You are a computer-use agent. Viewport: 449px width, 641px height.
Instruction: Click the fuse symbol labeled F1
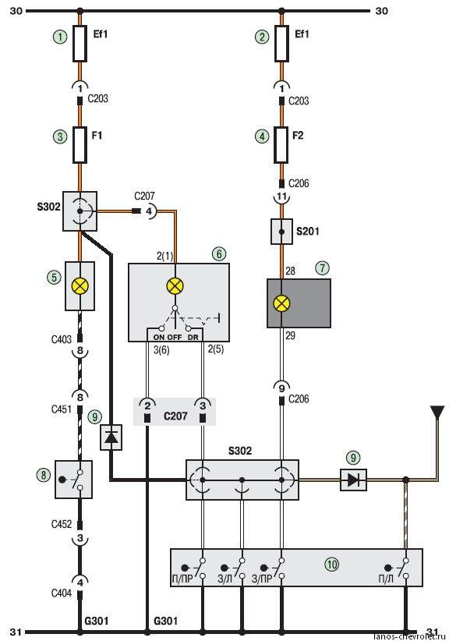point(80,145)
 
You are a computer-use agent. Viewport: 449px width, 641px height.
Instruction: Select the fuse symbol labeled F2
point(281,145)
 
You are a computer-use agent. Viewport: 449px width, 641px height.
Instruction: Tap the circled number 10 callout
point(332,565)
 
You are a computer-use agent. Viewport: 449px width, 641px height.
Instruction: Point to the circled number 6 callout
point(219,254)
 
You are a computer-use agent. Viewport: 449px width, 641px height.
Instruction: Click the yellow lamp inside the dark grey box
point(281,303)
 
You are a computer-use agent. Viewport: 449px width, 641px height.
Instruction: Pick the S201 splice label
point(308,232)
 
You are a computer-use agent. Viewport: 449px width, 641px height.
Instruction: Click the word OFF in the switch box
point(175,337)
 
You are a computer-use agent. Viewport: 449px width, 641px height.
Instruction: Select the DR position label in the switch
point(193,337)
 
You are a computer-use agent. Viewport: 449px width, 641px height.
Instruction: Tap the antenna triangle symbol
point(437,412)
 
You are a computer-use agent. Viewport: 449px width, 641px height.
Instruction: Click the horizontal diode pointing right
point(353,480)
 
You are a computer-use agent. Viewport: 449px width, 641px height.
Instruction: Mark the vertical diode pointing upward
point(111,437)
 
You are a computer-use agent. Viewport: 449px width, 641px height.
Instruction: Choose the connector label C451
point(62,409)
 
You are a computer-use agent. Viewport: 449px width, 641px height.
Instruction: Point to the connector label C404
point(62,593)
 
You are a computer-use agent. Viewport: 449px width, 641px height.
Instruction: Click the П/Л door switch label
point(386,579)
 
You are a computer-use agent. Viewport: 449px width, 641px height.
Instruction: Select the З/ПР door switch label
point(262,579)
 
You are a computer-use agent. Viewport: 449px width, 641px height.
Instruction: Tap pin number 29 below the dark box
point(290,335)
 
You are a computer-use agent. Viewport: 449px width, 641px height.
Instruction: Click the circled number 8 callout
point(44,475)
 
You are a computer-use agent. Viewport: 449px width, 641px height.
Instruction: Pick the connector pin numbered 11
point(281,197)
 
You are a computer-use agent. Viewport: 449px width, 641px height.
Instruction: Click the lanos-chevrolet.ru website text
point(409,636)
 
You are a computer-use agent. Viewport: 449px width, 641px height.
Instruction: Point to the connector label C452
point(62,524)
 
